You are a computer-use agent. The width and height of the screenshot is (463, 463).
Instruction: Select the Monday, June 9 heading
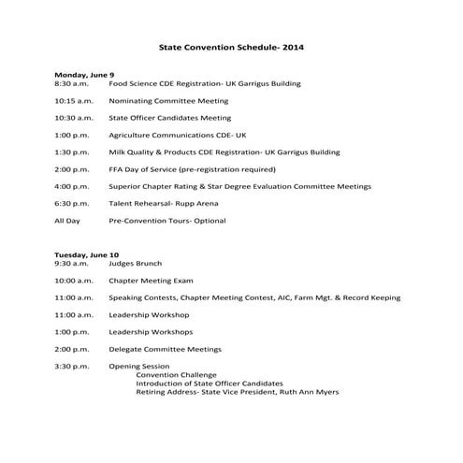coord(84,74)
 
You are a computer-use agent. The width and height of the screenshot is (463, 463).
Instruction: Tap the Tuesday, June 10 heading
coord(86,254)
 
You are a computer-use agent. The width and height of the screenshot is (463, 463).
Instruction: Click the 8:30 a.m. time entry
coord(72,83)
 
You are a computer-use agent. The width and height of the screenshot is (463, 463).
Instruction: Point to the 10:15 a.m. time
coord(74,101)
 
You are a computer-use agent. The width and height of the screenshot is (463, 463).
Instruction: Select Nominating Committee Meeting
coord(167,101)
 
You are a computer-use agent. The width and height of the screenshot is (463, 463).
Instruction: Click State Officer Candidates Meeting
coord(169,118)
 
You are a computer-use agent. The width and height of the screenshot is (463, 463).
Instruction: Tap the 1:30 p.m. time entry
coord(72,152)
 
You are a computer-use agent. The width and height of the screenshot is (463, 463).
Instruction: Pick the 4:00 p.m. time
coord(72,186)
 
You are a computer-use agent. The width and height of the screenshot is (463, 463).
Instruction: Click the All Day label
coord(67,221)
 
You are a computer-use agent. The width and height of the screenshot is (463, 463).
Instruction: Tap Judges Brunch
coord(136,263)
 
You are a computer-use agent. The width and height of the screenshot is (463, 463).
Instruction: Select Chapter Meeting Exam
coord(151,280)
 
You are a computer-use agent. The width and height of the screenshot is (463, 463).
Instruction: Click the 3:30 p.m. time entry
coord(72,366)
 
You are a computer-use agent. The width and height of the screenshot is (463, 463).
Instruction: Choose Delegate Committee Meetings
coord(165,349)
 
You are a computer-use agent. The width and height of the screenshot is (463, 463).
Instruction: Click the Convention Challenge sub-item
coord(177,375)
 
